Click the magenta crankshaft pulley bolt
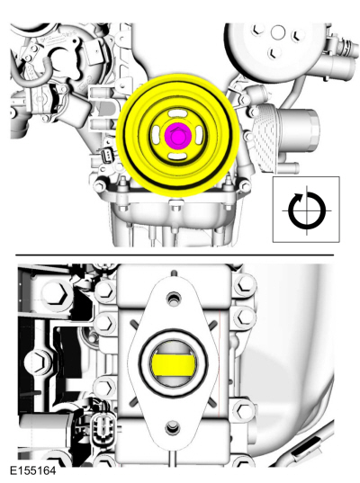(x=178, y=135)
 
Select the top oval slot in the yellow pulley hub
(x=177, y=114)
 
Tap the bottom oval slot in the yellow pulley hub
(x=178, y=156)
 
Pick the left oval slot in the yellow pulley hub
(x=157, y=135)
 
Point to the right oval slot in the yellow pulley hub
(x=199, y=135)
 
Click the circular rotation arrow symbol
(x=307, y=210)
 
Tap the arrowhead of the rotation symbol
(x=299, y=196)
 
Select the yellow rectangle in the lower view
(x=172, y=365)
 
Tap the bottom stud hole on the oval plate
(x=173, y=427)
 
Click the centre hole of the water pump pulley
(x=278, y=31)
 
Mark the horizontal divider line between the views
(x=175, y=255)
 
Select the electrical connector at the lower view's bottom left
(x=101, y=426)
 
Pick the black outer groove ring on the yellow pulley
(x=178, y=136)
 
